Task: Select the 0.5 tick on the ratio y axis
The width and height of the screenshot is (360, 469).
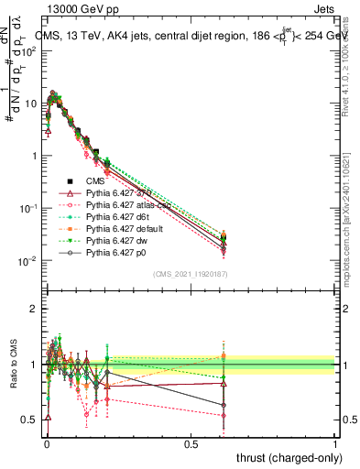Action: (29, 420)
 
